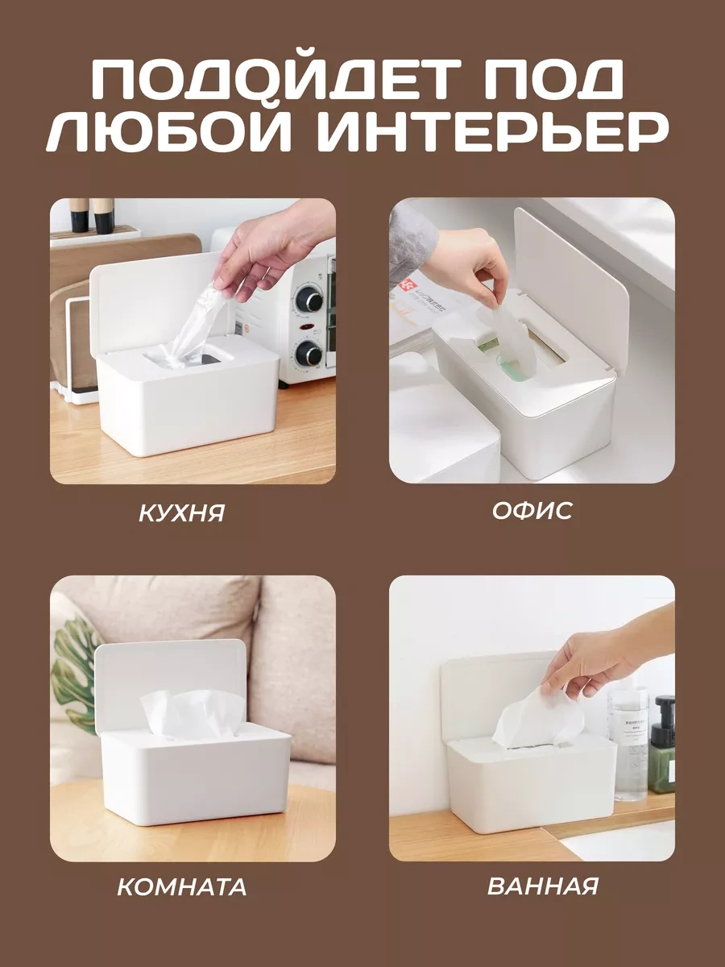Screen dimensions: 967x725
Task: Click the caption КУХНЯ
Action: [181, 513]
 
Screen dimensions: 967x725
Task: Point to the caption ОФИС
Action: [532, 510]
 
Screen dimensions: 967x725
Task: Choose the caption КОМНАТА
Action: [182, 887]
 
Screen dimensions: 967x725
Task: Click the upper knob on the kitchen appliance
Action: [309, 297]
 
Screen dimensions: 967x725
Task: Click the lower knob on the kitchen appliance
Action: [308, 353]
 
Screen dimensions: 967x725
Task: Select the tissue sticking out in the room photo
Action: [193, 713]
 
